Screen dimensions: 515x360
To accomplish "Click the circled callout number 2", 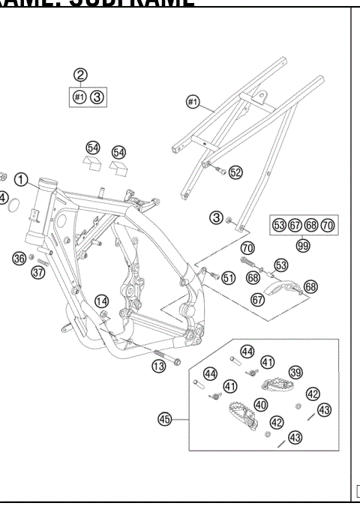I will tap(80, 75).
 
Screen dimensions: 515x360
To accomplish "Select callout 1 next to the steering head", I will tap(23, 180).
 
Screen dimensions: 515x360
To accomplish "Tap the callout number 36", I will tap(20, 259).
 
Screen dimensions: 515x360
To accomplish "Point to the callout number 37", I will tap(38, 272).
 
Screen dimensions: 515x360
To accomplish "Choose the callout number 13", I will tap(158, 367).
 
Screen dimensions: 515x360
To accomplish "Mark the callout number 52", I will tap(235, 172).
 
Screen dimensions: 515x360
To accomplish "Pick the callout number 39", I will tap(296, 373).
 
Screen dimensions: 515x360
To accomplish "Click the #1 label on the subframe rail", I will tap(193, 101).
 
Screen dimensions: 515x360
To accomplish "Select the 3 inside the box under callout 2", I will tap(98, 97).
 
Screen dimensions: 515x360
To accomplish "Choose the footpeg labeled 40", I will tap(240, 414).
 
